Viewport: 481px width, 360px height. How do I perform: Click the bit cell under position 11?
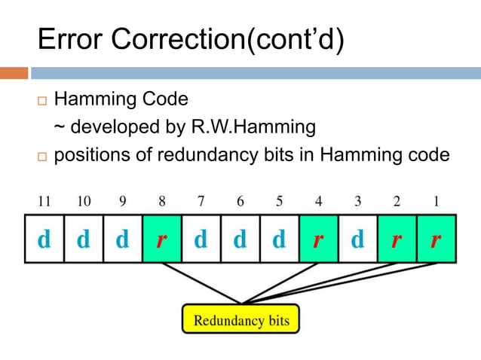pos(44,239)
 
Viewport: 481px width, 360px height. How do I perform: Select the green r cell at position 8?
pos(161,239)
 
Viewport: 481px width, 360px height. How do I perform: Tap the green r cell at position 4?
pos(318,239)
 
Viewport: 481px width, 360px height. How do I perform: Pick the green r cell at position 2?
pos(397,239)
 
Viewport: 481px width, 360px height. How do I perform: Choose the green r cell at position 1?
pos(436,239)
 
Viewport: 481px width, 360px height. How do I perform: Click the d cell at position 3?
pos(357,239)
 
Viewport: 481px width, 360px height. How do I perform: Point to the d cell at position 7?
pos(201,239)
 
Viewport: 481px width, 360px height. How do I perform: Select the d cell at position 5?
pos(279,239)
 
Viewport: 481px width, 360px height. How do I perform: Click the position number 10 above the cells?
pos(83,201)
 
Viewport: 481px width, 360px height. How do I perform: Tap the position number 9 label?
pos(122,201)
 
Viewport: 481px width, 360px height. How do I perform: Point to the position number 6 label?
pos(240,201)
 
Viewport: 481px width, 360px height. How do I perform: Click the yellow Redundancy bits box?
pos(240,319)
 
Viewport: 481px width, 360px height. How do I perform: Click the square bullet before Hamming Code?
pos(41,100)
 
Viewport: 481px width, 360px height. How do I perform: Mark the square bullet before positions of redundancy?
pos(41,157)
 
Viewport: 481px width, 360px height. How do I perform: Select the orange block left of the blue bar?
pos(14,73)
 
